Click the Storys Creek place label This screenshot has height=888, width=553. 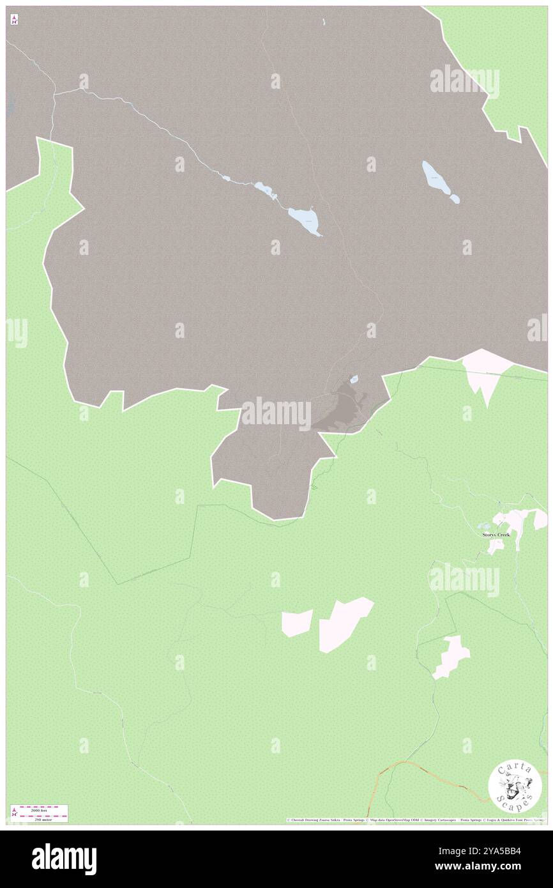[496, 534]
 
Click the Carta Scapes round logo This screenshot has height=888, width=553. [515, 787]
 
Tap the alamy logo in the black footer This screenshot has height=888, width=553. [64, 859]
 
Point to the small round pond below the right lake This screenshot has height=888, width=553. [454, 199]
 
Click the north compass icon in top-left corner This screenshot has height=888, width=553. [14, 20]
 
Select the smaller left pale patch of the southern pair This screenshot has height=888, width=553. [297, 622]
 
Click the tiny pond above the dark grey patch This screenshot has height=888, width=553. [353, 379]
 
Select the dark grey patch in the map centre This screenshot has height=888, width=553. [338, 409]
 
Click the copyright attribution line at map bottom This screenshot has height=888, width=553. [415, 820]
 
